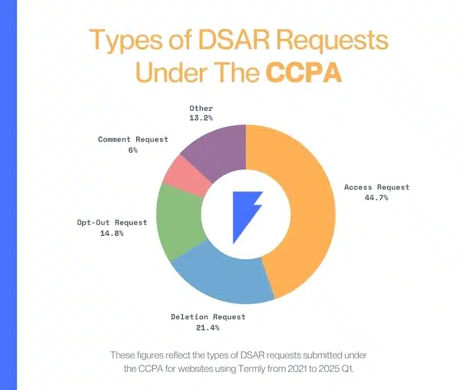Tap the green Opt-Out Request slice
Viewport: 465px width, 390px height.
pos(177,220)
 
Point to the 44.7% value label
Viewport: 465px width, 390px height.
pos(376,198)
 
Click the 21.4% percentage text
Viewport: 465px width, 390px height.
pos(208,327)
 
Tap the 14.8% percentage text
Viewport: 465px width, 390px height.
pos(112,233)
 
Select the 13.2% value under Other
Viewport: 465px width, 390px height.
pos(201,117)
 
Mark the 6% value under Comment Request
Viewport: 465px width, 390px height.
pos(133,150)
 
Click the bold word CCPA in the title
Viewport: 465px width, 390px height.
pos(304,72)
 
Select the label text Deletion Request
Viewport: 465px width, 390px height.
pos(208,316)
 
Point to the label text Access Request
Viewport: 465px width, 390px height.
pos(376,187)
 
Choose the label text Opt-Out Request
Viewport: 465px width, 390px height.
pos(112,222)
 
